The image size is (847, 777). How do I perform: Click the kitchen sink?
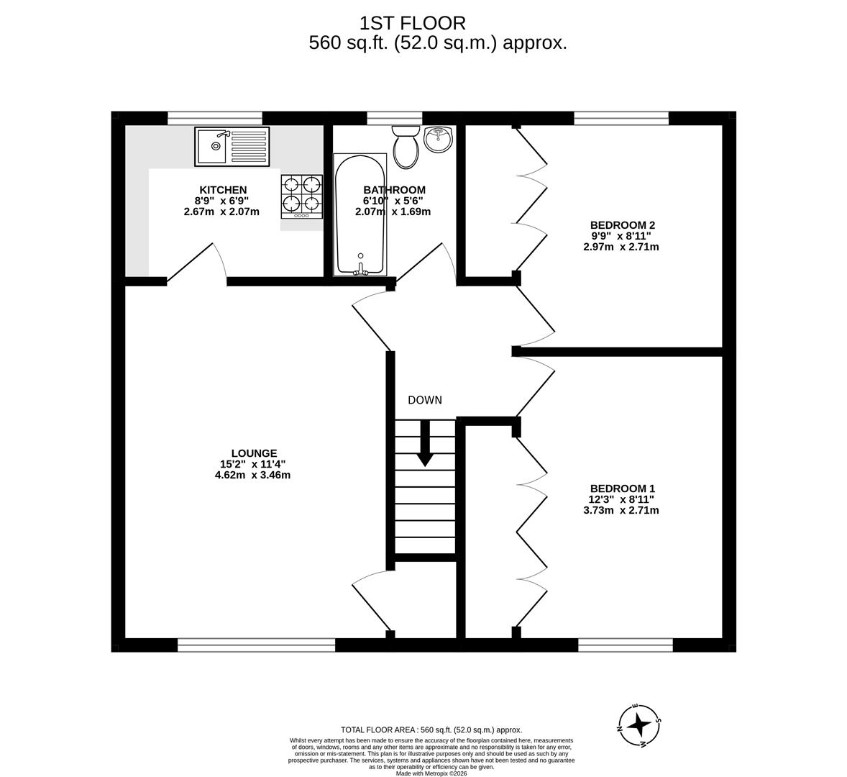232,146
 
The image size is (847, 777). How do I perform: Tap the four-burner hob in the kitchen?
301,196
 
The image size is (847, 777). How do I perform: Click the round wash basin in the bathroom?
438,139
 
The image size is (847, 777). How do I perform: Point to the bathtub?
360,214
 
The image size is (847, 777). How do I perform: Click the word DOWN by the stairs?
424,400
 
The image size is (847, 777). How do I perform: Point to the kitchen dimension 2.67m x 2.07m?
221,212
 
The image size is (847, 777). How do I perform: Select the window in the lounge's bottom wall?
256,645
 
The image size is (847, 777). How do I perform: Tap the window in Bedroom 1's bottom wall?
625,645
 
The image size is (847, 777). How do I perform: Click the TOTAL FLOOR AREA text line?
431,730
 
